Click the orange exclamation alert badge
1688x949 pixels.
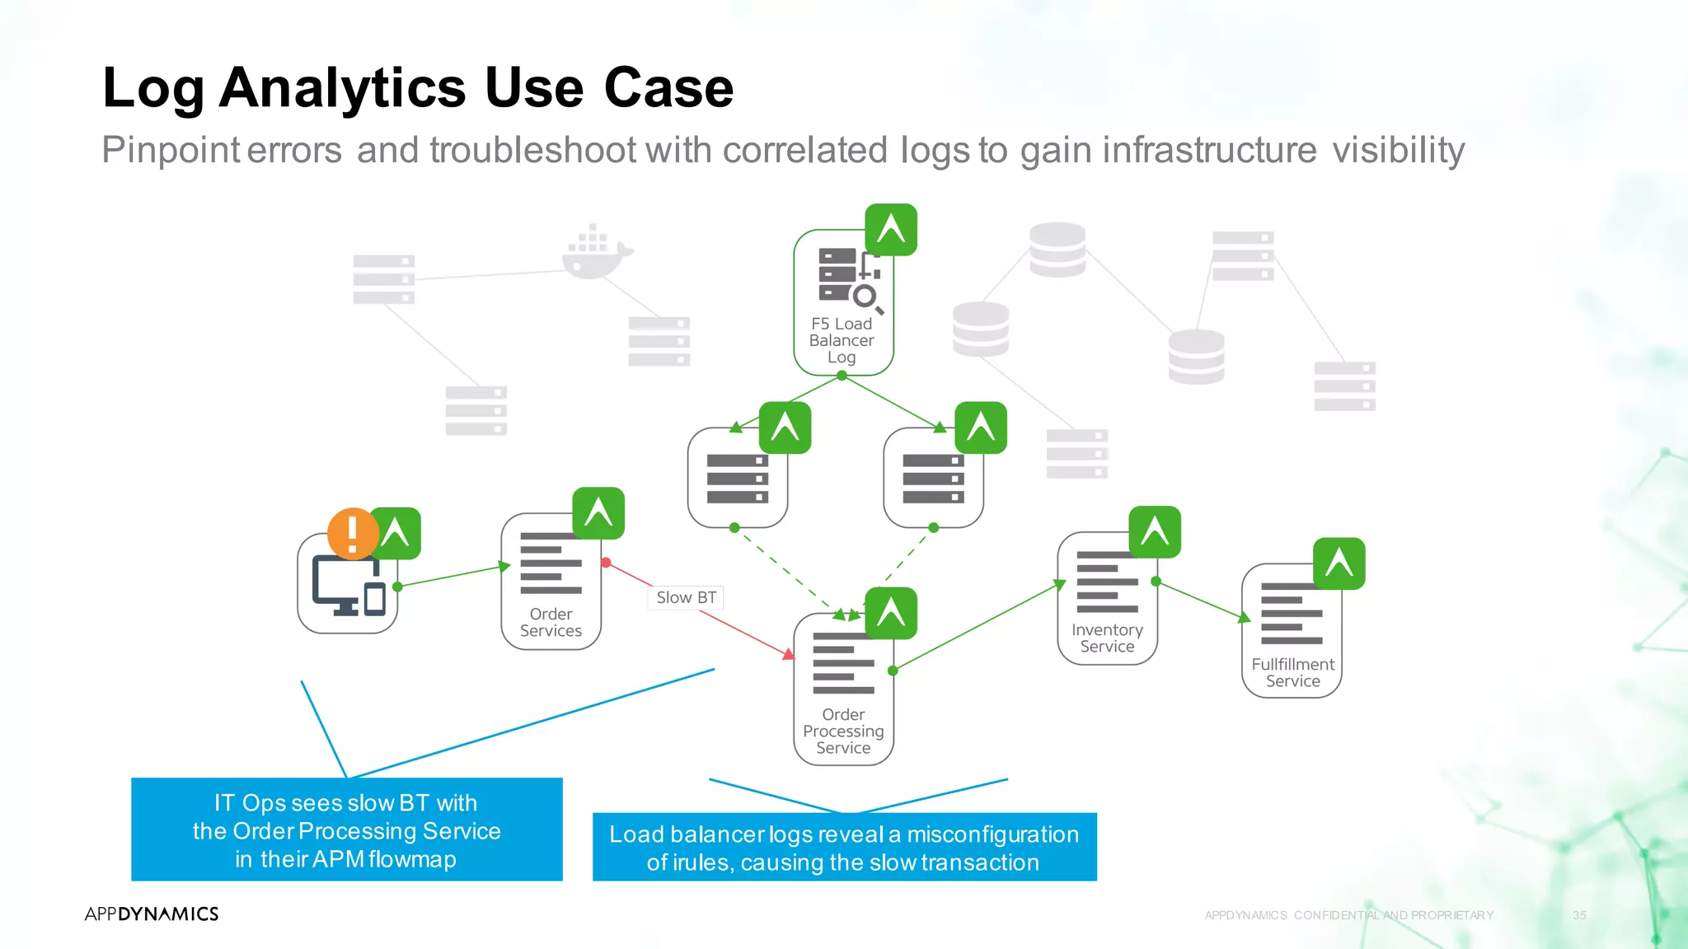click(x=353, y=534)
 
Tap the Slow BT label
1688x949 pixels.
click(x=686, y=597)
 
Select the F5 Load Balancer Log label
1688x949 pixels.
click(x=842, y=340)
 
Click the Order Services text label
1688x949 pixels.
click(x=551, y=623)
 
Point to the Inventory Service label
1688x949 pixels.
click(x=1107, y=638)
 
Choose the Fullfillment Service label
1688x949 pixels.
click(x=1292, y=673)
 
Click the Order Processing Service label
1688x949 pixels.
click(x=843, y=731)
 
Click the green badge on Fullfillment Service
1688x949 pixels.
click(x=1339, y=563)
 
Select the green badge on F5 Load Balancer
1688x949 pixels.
click(x=891, y=230)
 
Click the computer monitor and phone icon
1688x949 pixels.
click(x=349, y=586)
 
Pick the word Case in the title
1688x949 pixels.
click(x=668, y=87)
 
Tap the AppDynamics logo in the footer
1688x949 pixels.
click(x=152, y=914)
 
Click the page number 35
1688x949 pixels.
click(x=1579, y=915)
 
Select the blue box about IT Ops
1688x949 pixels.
click(x=347, y=830)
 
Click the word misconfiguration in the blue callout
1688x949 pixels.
click(x=992, y=834)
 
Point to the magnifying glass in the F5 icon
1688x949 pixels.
click(x=866, y=297)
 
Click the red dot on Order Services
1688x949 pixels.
click(x=606, y=563)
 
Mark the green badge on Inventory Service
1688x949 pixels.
click(x=1155, y=532)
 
